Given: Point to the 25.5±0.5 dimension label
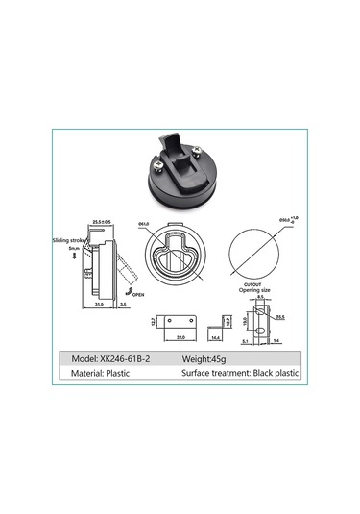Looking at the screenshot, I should pyautogui.click(x=102, y=222).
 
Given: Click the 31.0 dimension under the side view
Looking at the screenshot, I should pyautogui.click(x=100, y=305).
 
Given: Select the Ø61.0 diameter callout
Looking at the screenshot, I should pyautogui.click(x=145, y=224).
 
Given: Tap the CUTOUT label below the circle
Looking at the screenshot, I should pyautogui.click(x=252, y=284).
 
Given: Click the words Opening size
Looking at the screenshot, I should pyautogui.click(x=252, y=290).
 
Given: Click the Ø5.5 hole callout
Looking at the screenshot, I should pyautogui.click(x=278, y=318).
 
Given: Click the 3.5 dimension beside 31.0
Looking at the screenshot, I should pyautogui.click(x=124, y=305).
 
